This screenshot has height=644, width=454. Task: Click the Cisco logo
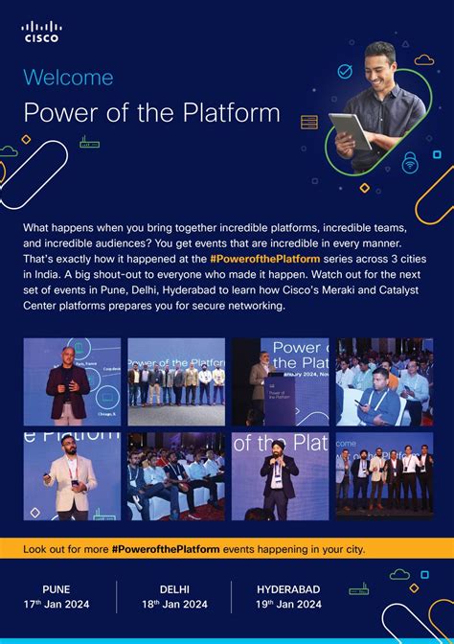(x=40, y=32)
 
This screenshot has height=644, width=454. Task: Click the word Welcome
(x=68, y=78)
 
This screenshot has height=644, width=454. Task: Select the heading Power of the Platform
(x=151, y=113)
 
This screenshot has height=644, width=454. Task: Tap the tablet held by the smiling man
(x=349, y=129)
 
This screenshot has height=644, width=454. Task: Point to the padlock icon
(x=410, y=159)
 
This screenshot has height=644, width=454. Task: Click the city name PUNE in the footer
(x=57, y=588)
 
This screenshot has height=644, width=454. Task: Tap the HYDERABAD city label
(x=288, y=588)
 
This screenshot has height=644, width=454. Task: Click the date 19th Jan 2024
(x=288, y=604)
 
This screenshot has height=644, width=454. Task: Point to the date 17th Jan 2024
(x=57, y=604)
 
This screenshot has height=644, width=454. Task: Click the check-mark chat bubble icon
(x=345, y=72)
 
